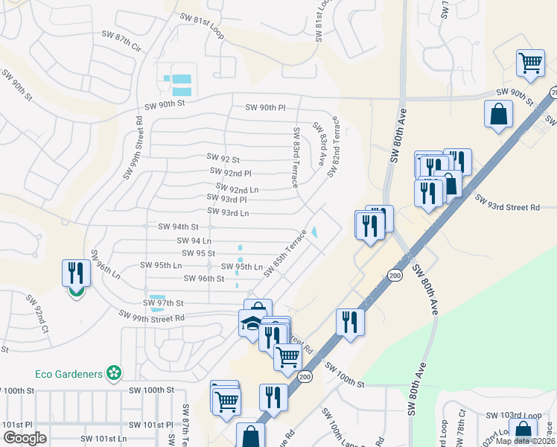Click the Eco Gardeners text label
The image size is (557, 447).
point(69,373)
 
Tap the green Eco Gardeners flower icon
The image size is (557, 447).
point(113,372)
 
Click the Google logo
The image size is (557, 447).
point(25,438)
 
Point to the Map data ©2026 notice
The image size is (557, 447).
point(525,441)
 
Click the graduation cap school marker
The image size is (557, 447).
point(250,324)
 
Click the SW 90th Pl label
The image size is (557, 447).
point(266,108)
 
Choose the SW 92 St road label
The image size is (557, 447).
point(223,159)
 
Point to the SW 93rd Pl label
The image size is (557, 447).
point(226,199)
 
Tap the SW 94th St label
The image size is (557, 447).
point(178,226)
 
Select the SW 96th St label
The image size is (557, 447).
point(204,279)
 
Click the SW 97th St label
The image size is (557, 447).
point(163,303)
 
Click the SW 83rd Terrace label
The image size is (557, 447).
point(296,157)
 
